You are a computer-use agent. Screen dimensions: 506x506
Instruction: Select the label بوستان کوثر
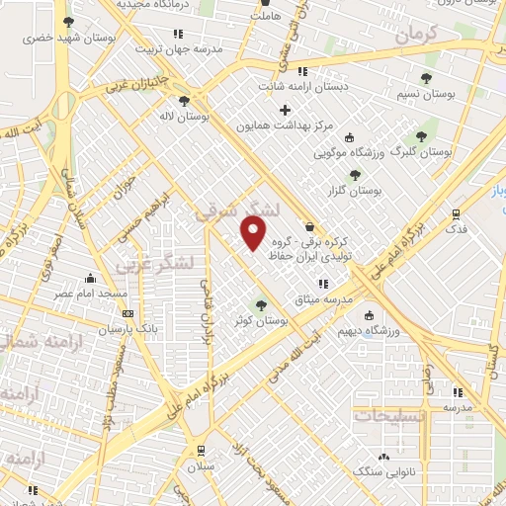(x=261, y=321)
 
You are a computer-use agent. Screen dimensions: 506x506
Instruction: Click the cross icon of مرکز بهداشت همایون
(x=287, y=110)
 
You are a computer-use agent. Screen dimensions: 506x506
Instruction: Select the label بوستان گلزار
(x=357, y=191)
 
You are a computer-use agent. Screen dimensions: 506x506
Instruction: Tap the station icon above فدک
(x=456, y=212)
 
